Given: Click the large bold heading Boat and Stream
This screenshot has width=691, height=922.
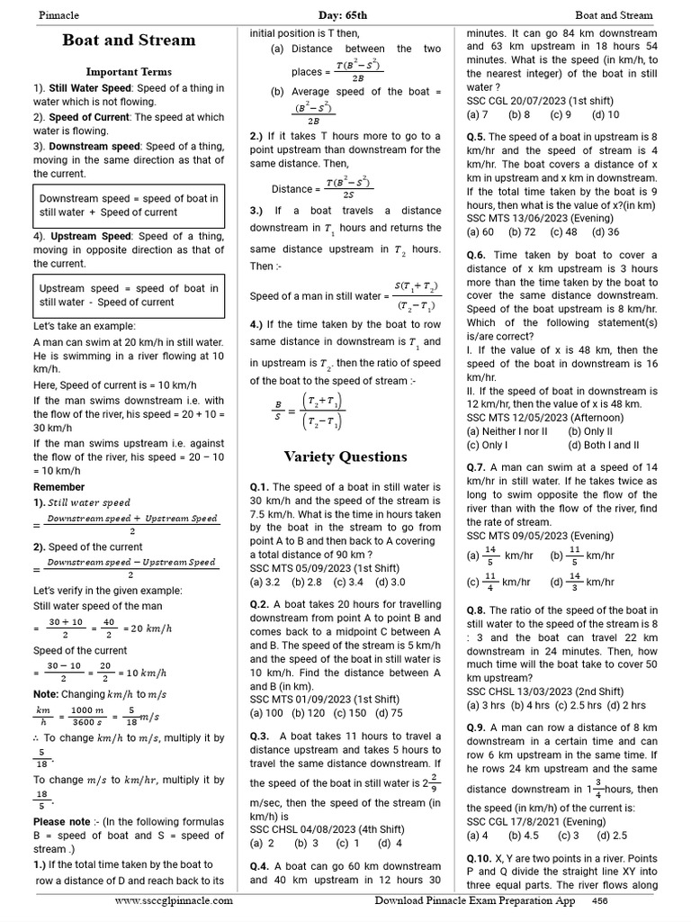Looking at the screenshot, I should (129, 41).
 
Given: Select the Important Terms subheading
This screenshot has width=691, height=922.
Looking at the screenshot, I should (129, 71).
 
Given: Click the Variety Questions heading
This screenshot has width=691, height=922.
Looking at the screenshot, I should (345, 456).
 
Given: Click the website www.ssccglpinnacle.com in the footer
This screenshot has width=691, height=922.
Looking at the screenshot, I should (174, 899).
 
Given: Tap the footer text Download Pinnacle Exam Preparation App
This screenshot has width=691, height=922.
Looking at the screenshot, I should (475, 899).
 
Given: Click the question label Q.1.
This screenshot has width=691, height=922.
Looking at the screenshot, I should (260, 487).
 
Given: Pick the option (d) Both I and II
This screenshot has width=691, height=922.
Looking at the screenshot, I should (604, 445).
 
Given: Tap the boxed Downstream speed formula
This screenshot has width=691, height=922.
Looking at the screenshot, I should (129, 205).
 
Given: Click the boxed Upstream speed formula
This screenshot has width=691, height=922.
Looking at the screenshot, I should (129, 295).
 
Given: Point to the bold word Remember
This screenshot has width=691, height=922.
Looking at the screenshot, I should (59, 487).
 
